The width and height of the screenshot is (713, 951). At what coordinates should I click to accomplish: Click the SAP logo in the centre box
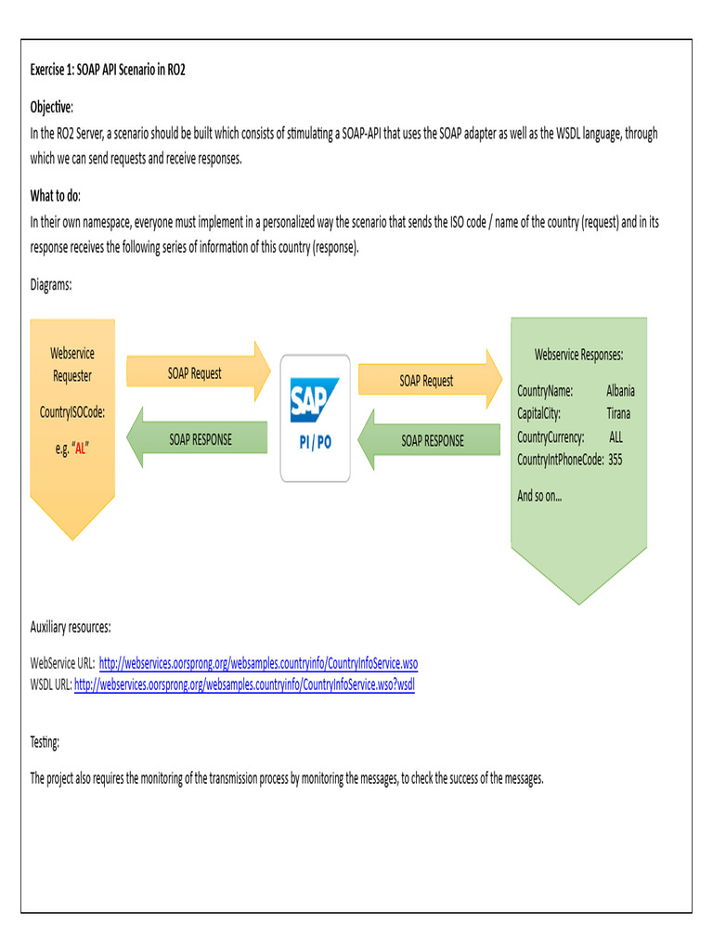[315, 400]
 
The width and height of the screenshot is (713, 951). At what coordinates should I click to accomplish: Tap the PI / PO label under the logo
[315, 443]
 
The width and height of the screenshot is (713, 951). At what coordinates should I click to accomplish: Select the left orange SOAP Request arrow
[196, 373]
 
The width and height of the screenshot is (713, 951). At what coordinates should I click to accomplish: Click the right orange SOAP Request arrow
[425, 381]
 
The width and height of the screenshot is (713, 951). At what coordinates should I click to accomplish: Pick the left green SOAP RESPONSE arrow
[201, 438]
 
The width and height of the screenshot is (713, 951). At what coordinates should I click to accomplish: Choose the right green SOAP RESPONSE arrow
[432, 440]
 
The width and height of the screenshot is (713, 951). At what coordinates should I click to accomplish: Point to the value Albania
[620, 391]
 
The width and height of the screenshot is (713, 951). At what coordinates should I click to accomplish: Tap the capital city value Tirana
[618, 413]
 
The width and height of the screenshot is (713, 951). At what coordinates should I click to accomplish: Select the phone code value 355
[616, 460]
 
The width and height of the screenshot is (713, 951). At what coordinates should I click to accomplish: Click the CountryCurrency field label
[551, 436]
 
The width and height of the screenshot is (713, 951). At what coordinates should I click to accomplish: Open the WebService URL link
[258, 663]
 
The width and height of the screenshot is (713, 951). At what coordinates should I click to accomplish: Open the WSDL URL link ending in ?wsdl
[244, 684]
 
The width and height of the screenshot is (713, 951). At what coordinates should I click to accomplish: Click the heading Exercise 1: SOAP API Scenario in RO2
[108, 70]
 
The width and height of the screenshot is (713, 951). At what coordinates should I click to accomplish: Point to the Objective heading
[51, 107]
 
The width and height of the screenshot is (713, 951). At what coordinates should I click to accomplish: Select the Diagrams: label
[51, 285]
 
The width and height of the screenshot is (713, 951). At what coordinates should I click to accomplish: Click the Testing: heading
[45, 742]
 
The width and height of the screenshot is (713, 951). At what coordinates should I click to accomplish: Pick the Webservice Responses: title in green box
[578, 355]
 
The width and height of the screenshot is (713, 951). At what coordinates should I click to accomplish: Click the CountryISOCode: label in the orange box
[71, 412]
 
